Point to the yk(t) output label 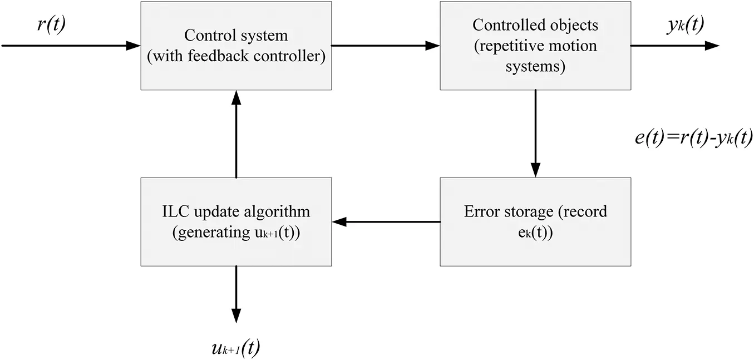click(x=684, y=26)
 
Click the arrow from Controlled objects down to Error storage click(x=535, y=134)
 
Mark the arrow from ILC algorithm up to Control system click(x=236, y=134)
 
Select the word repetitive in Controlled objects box click(x=505, y=46)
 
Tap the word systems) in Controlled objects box click(x=535, y=67)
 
